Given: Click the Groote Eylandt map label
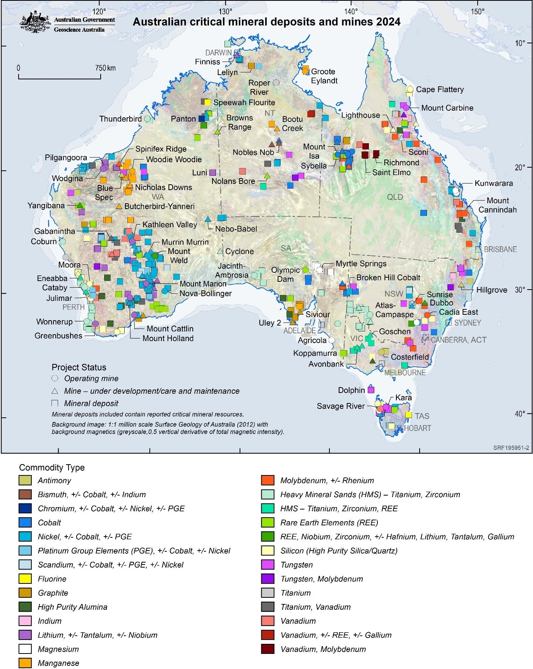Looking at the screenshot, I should tap(324, 76).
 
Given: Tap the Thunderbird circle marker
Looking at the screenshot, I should tap(147, 119).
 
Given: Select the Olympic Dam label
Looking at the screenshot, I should tap(285, 274).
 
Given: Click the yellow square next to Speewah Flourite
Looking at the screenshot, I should tap(207, 102).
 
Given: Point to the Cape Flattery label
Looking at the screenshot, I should tap(440, 89).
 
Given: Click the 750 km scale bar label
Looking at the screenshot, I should tap(105, 68).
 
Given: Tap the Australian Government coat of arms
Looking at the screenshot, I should tap(35, 22).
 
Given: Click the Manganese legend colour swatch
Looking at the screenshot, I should tap(25, 663).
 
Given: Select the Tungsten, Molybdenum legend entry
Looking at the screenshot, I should tap(321, 579).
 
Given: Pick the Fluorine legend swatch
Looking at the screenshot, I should tap(25, 579).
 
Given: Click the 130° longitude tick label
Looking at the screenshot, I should tap(225, 11).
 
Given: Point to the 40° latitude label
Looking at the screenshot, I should tap(520, 413).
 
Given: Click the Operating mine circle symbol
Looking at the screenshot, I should tap(55, 378).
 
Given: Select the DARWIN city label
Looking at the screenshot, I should tap(218, 53).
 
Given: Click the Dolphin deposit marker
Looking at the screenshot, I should tap(371, 390).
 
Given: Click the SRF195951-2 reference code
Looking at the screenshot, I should tap(511, 448).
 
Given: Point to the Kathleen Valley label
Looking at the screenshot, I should tap(170, 225).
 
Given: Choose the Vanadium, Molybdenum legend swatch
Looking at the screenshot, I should tap(268, 649).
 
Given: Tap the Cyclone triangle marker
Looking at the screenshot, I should tap(220, 251).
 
